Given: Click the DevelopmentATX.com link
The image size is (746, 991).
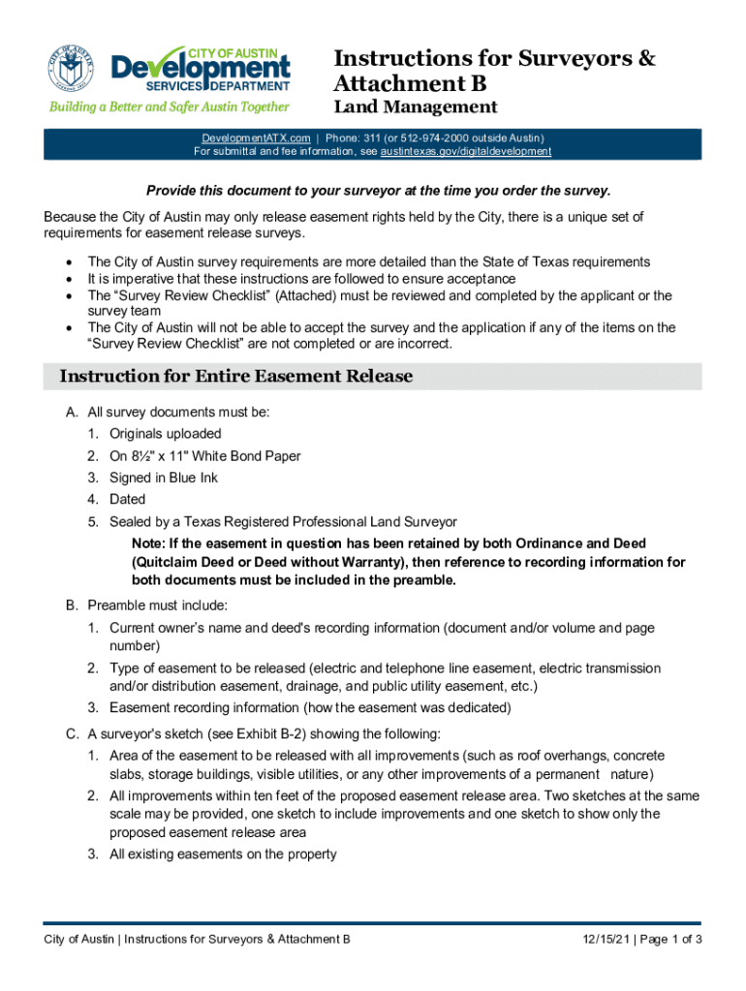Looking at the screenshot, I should click(x=256, y=138).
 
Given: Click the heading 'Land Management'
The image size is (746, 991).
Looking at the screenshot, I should click(x=415, y=106).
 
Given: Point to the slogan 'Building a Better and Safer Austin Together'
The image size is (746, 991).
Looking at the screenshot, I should click(x=170, y=106).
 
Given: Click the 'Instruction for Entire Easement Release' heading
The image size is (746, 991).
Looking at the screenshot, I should click(x=236, y=376).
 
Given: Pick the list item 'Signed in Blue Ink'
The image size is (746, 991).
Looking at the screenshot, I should click(x=164, y=478).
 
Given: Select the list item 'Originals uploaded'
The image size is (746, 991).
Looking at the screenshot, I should click(x=166, y=434).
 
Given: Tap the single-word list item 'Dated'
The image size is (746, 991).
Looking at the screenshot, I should click(x=127, y=499).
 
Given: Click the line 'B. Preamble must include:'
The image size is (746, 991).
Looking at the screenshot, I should click(x=146, y=606).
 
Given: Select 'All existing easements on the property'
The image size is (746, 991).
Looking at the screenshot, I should click(x=223, y=854).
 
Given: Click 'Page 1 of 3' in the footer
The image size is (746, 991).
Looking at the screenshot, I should click(x=668, y=940).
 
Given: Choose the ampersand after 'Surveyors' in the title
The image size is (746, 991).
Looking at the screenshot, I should click(x=646, y=59).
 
